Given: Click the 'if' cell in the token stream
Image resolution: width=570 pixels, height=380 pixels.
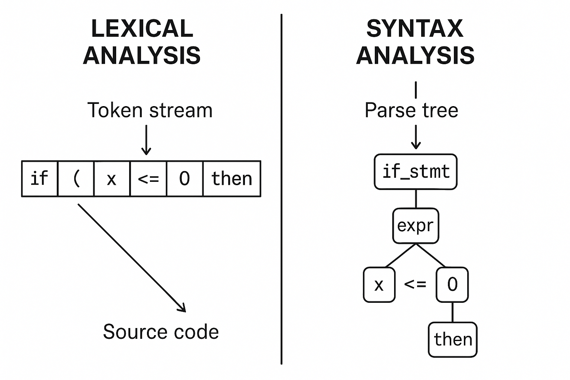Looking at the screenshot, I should [39, 178].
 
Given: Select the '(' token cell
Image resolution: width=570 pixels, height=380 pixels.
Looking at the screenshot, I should [76, 178].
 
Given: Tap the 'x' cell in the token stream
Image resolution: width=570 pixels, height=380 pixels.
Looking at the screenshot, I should [112, 178].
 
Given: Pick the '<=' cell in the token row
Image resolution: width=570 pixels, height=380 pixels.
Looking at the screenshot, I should [148, 178].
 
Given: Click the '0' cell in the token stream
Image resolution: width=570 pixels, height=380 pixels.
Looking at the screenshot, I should [184, 178].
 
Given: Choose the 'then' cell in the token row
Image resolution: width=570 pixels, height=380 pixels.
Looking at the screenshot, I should [232, 178].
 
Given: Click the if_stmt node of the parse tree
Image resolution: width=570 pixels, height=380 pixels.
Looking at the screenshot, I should [416, 172].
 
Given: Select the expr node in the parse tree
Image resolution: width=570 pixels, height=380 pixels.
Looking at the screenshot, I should [416, 226].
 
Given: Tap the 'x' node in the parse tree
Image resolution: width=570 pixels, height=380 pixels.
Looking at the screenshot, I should [379, 285].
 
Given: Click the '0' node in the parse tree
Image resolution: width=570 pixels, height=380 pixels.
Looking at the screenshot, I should [452, 285].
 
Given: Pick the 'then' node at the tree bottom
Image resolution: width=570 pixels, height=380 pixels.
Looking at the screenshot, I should [453, 340].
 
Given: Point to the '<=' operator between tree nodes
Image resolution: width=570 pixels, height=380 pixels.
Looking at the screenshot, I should [415, 285].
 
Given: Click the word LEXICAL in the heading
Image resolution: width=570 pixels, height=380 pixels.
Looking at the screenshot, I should [142, 29].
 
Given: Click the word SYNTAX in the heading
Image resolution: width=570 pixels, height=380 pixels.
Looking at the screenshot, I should [415, 29].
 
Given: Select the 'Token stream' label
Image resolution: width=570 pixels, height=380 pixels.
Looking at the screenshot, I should [150, 110].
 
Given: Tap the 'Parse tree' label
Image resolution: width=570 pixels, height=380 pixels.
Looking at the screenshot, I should [411, 110].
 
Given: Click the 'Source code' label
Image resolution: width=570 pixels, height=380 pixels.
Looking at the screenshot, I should [161, 331].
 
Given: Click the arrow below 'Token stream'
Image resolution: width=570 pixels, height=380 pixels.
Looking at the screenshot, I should [147, 140].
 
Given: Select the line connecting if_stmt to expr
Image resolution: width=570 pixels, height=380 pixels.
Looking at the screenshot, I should [416, 199].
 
